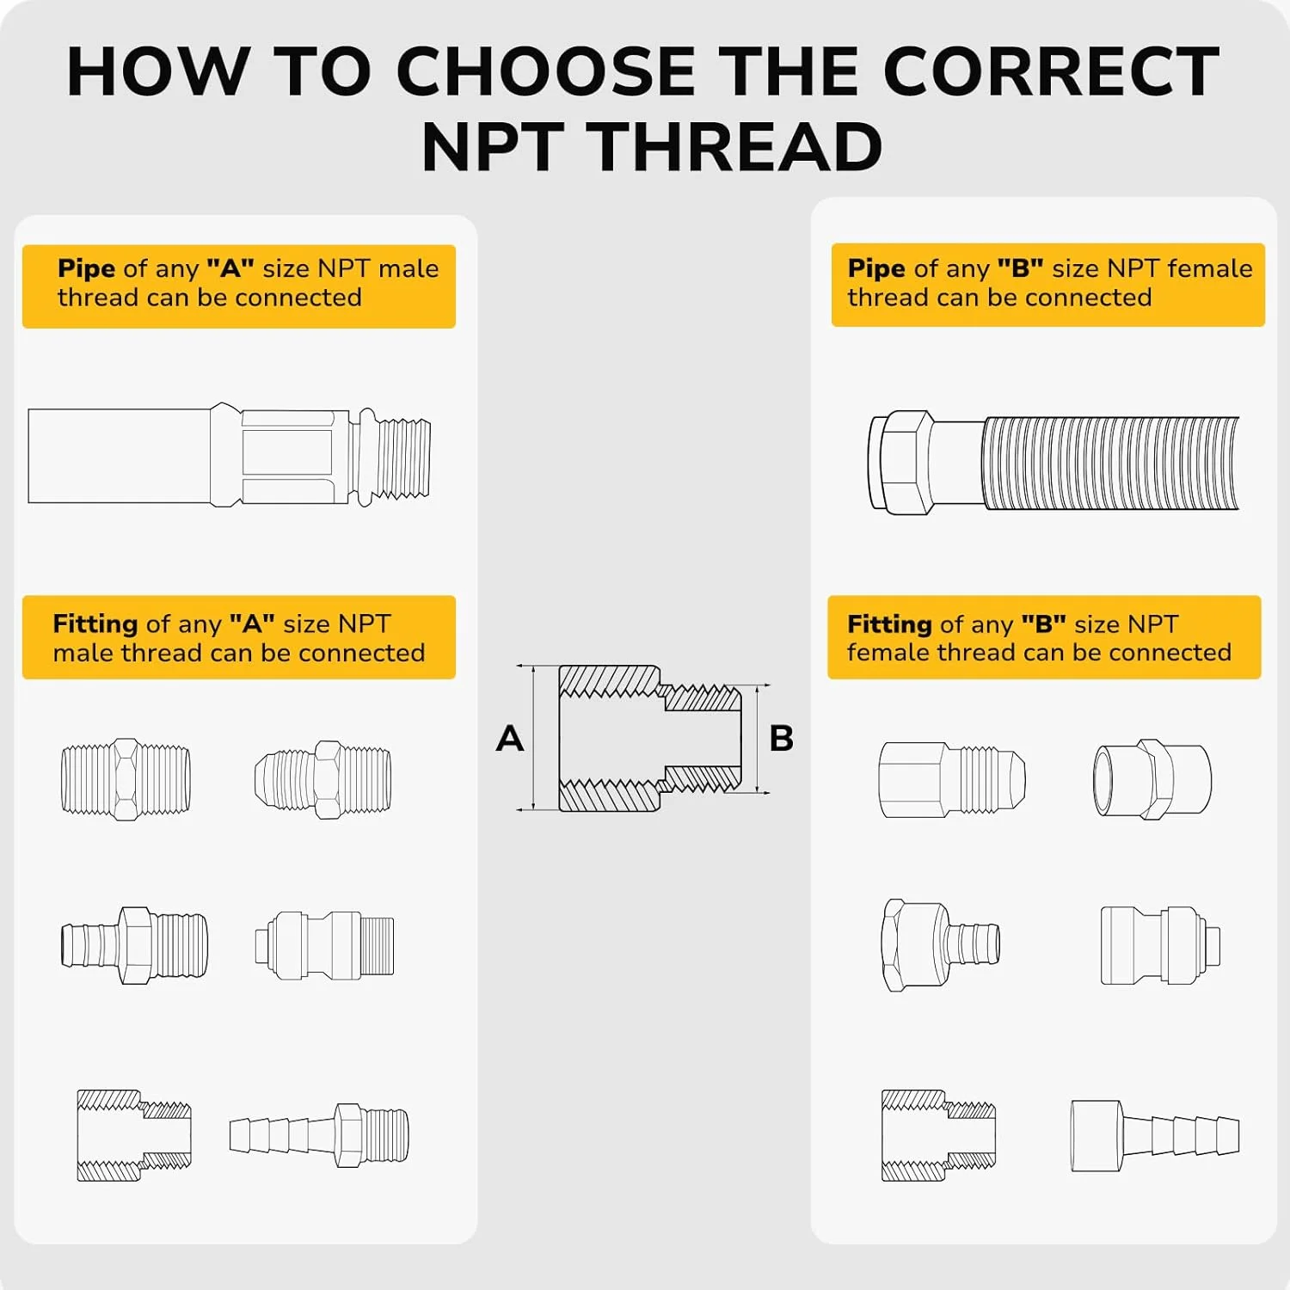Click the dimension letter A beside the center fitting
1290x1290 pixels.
510,739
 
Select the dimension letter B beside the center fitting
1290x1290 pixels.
782,739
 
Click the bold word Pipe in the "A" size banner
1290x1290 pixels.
86,269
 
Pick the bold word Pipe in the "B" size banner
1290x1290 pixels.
876,269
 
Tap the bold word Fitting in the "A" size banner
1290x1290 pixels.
95,624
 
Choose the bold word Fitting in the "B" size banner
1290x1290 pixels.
890,624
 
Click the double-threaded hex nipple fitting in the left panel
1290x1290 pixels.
126,779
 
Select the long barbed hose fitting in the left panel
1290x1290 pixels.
319,1135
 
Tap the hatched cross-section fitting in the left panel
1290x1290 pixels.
134,1135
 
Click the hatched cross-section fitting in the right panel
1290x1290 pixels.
938,1135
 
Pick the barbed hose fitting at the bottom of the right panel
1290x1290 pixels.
1155,1136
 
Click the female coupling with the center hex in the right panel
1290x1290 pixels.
1152,779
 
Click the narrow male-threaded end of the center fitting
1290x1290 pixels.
701,739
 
